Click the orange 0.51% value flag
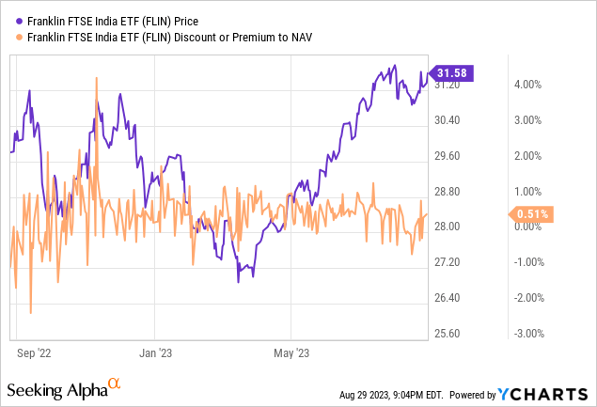tap(529, 214)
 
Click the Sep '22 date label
tap(34, 353)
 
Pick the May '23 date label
tap(291, 353)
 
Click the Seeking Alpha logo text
tap(56, 388)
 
